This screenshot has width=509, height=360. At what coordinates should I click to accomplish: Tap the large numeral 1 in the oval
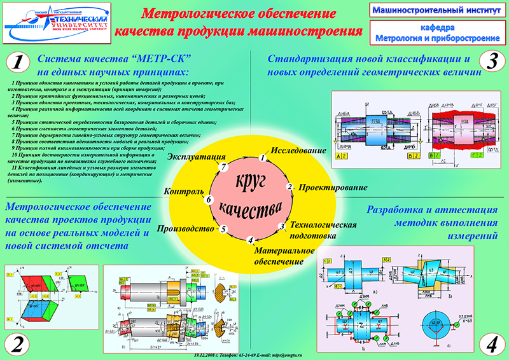click(18, 62)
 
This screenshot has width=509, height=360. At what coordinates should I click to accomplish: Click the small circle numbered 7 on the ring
click(223, 167)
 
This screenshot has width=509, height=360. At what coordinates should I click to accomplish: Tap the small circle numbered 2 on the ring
click(289, 187)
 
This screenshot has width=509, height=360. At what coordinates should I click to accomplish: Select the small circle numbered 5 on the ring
click(223, 229)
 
